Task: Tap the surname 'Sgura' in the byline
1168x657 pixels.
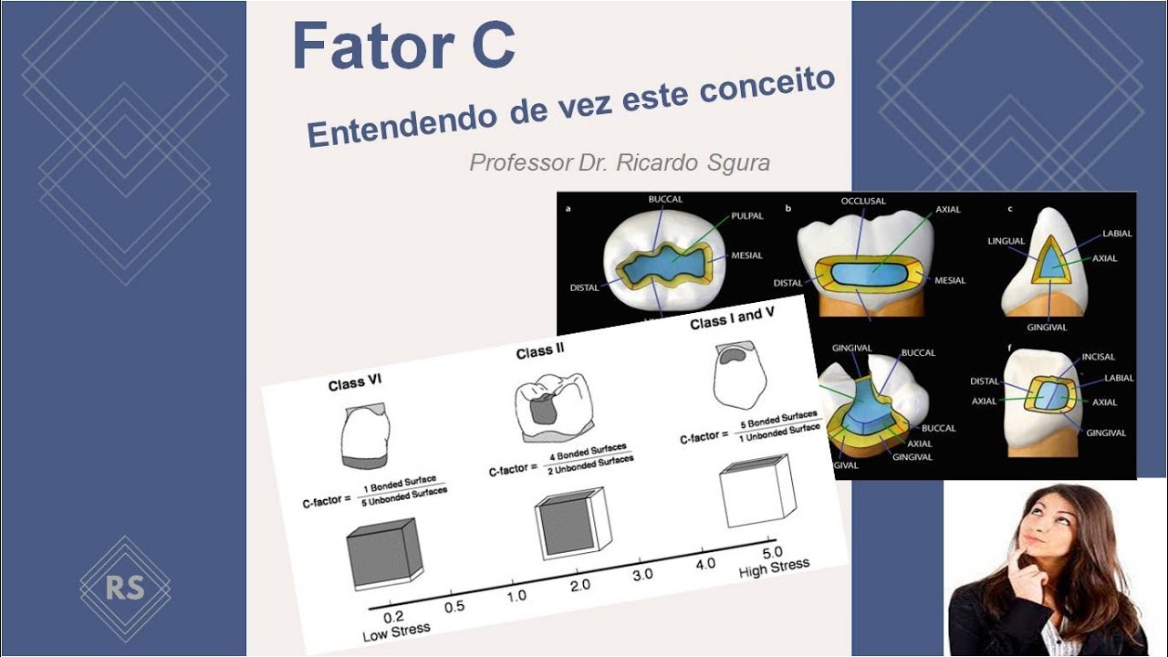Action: tap(739, 163)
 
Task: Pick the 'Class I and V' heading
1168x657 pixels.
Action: tap(738, 318)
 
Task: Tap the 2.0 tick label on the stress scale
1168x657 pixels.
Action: tap(580, 585)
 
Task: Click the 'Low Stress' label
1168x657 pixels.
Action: tap(396, 631)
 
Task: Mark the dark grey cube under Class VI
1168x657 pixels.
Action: tap(382, 555)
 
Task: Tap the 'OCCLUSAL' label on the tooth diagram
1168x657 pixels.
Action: tap(864, 200)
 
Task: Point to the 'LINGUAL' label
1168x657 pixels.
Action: tap(1006, 242)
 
